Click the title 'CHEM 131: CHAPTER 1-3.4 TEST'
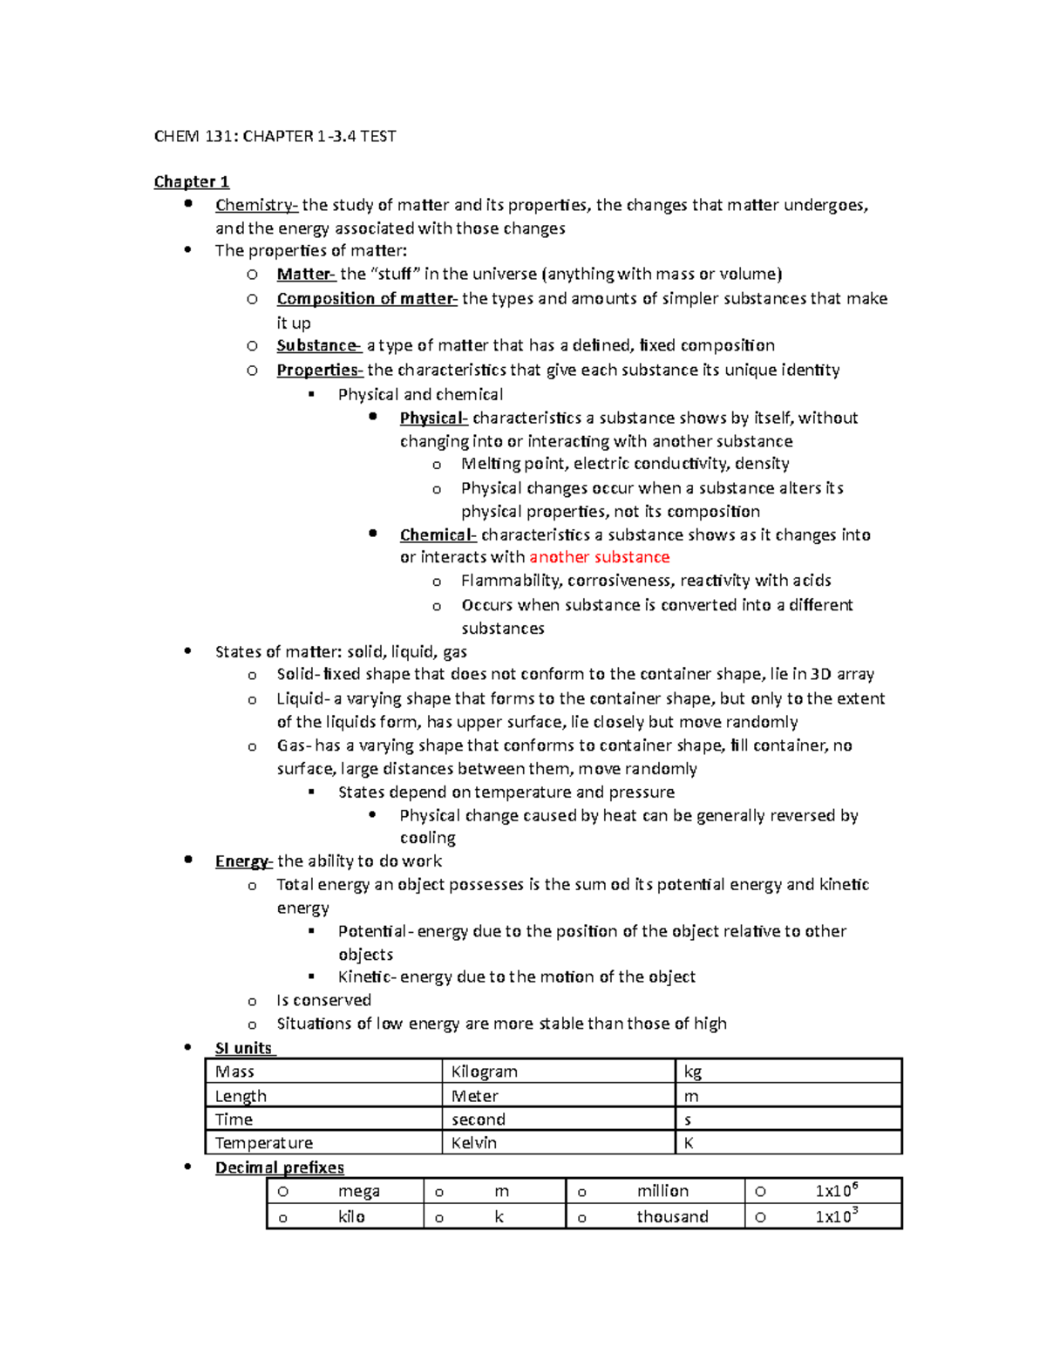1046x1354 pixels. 275,136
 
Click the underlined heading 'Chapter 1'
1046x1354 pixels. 191,181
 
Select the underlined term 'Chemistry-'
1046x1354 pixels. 256,205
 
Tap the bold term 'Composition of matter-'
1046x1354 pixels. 366,298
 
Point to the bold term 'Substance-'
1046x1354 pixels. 318,345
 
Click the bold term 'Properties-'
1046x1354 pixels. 319,370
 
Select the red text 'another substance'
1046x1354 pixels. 599,557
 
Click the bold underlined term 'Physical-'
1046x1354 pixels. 433,418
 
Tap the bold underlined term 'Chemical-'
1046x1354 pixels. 438,534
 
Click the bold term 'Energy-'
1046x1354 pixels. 243,861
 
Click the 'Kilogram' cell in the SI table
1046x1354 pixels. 484,1072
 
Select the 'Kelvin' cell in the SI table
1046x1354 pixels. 473,1143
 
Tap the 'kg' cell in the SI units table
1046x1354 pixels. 693,1072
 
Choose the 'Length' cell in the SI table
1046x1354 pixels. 241,1096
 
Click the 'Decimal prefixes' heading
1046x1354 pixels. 279,1167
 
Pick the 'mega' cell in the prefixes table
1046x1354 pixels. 358,1191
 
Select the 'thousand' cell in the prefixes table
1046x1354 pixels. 672,1216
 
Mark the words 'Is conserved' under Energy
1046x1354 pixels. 323,1000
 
